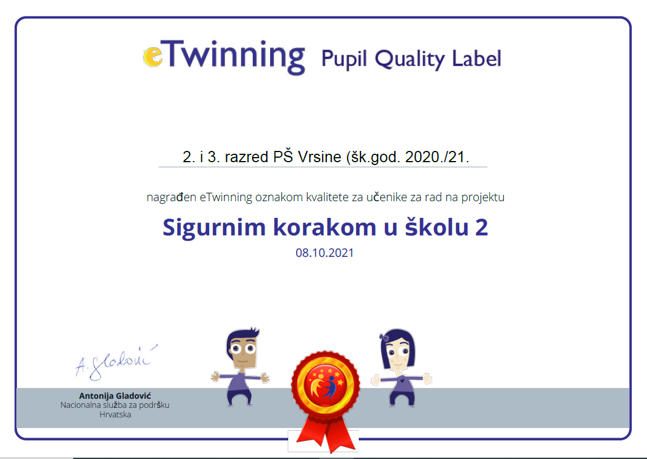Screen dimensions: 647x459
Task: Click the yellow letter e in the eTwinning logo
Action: pos(153,56)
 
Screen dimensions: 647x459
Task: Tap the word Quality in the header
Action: pos(410,59)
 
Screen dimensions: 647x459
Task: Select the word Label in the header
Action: pos(477,58)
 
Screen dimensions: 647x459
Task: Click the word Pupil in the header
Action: pos(344,59)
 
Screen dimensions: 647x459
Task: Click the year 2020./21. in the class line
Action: pos(437,157)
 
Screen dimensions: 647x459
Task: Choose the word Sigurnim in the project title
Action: pos(214,228)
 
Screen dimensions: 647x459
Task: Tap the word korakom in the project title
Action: pos(324,228)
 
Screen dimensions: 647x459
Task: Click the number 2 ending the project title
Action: pos(481,228)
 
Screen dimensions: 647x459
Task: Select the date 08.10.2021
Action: pos(325,252)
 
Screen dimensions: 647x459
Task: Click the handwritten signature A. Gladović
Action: pos(116,362)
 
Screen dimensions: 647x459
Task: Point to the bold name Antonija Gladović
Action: pos(115,396)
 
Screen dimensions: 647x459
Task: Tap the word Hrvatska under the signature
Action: pos(115,415)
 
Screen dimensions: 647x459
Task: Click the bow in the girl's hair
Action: pos(384,337)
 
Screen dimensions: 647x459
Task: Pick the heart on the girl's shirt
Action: pos(402,381)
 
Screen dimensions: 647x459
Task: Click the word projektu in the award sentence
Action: pos(483,197)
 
